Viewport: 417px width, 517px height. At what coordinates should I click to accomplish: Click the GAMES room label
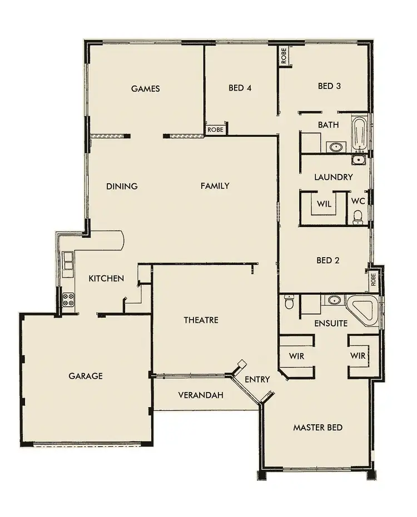[146, 88]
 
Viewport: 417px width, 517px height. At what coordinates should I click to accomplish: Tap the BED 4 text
[240, 88]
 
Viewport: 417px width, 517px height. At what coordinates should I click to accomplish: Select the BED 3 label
[329, 86]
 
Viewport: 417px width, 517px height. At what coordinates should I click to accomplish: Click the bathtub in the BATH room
[359, 134]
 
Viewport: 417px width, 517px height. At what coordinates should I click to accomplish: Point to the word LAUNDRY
[333, 177]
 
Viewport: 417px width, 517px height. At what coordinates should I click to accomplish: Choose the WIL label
[324, 204]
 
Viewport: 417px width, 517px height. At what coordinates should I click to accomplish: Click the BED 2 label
[328, 260]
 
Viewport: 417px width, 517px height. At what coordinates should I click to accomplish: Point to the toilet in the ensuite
[289, 303]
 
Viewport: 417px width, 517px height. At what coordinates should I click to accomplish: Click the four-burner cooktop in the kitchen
[68, 299]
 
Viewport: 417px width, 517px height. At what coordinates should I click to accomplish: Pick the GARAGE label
[86, 376]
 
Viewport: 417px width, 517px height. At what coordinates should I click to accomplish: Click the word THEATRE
[201, 320]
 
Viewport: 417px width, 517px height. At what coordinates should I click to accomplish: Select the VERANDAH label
[201, 395]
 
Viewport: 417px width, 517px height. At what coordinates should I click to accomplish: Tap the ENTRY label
[257, 379]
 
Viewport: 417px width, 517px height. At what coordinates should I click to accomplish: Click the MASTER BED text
[317, 428]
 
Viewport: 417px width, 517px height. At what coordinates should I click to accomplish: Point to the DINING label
[122, 186]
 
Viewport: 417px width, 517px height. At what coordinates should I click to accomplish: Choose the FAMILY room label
[215, 186]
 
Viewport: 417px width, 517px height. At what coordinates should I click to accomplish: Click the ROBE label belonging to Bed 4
[216, 129]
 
